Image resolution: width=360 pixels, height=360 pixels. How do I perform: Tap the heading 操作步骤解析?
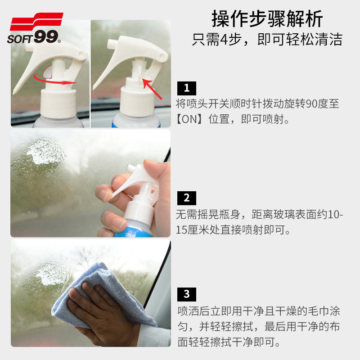point(267,18)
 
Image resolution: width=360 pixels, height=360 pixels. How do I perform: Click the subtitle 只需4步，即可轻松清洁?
point(267,39)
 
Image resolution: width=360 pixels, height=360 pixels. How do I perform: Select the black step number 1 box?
point(187,87)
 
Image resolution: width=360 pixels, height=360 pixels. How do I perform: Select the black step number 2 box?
point(187,198)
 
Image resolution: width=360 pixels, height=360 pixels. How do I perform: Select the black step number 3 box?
point(187,294)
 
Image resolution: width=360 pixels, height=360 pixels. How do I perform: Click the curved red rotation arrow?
point(56,80)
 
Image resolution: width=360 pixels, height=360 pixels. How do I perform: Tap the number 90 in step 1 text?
point(311,104)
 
